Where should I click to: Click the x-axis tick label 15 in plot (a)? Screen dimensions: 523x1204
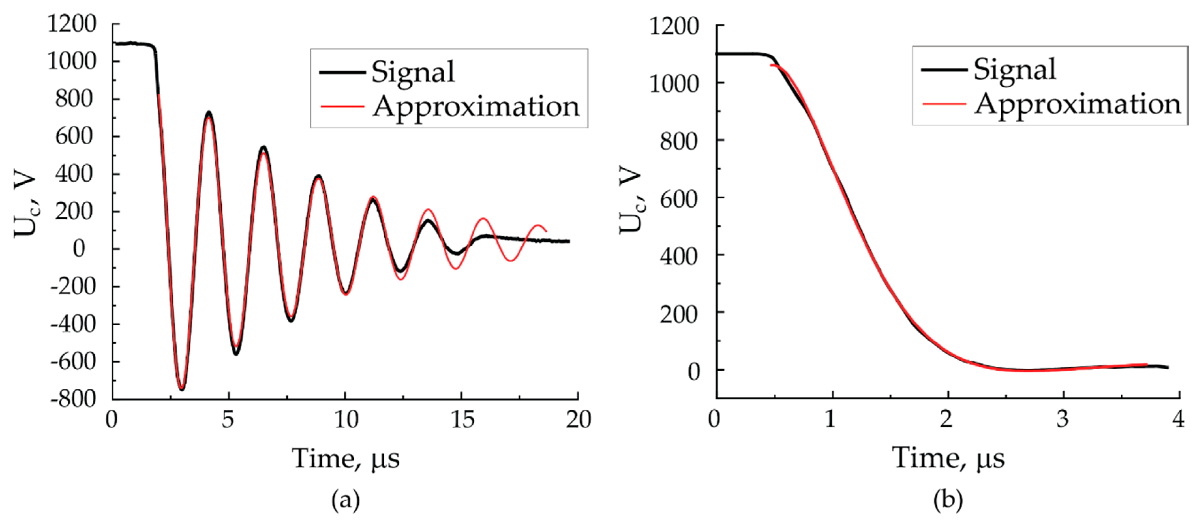coord(462,420)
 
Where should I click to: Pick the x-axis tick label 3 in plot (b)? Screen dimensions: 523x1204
coord(1063,420)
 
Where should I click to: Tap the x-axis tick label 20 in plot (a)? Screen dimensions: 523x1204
coord(578,420)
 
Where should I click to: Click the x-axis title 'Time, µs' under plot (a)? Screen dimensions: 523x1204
coord(346,458)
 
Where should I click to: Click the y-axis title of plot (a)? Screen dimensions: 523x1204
coord(24,206)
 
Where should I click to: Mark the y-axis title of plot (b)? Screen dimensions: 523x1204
coord(630,199)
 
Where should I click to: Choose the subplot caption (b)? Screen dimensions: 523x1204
coord(948,500)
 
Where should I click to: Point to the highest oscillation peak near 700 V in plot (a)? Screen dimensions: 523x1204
coord(208,113)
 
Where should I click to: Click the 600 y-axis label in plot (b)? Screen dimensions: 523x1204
coord(679,199)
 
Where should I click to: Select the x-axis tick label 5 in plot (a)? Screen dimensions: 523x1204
coord(228,420)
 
